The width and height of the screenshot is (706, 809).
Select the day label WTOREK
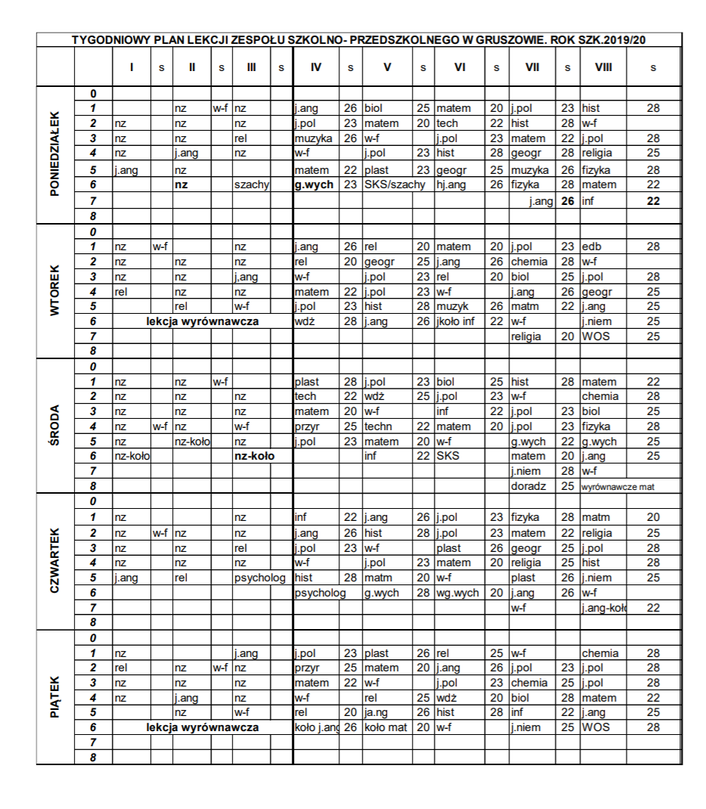click(55, 291)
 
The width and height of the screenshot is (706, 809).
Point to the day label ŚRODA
click(55, 426)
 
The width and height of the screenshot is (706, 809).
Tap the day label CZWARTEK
click(55, 562)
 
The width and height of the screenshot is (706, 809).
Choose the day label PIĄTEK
click(55, 697)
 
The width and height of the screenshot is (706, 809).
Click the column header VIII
click(603, 67)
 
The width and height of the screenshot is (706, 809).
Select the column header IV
click(316, 67)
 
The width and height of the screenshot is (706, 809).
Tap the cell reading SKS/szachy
click(395, 184)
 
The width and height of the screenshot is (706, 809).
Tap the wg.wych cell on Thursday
click(458, 593)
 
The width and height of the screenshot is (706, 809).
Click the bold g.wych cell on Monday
click(314, 184)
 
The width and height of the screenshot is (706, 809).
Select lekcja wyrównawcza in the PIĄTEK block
click(203, 727)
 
